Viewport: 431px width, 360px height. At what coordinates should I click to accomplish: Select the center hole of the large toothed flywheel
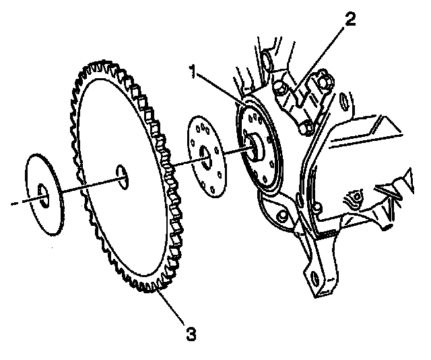[121, 173]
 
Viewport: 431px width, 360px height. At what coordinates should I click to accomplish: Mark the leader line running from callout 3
[174, 309]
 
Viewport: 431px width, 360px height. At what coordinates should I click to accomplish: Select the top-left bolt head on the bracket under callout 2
[277, 86]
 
